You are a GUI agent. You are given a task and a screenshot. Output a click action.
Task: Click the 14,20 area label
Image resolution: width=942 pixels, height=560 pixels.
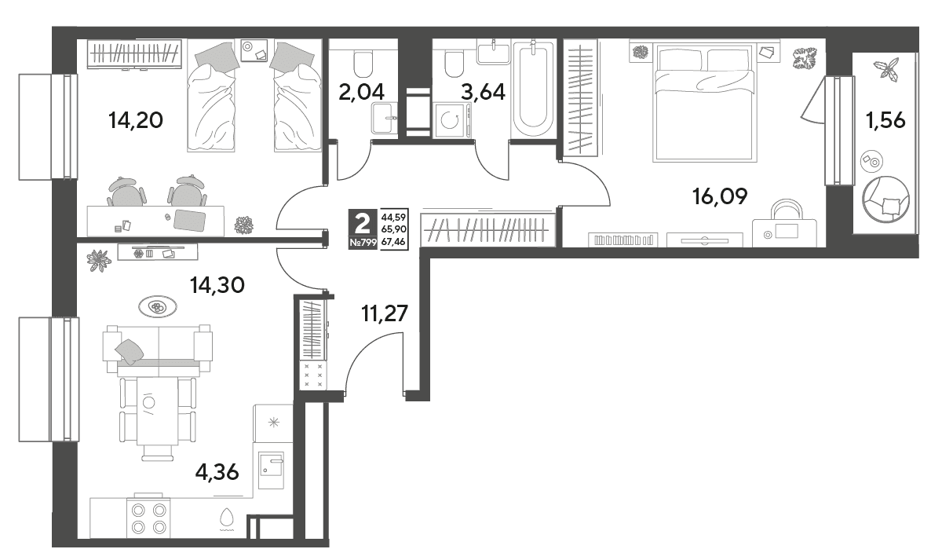coord(135,120)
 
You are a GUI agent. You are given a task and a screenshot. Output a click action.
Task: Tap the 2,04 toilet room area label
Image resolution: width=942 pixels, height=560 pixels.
coord(361,92)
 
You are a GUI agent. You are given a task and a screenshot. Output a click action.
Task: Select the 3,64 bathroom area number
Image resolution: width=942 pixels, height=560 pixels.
coord(483,92)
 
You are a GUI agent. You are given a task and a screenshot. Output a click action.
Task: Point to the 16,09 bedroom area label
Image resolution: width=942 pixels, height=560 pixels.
coord(720,196)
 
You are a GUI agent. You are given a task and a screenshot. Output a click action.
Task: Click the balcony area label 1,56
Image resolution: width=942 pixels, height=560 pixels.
coord(885,121)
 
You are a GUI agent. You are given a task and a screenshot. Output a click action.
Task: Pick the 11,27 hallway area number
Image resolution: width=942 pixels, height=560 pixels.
coord(385,313)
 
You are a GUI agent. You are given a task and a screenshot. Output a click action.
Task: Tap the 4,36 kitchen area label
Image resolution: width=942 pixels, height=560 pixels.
coord(217,472)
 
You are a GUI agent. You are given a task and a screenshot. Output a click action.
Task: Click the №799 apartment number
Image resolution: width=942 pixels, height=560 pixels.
coord(363,243)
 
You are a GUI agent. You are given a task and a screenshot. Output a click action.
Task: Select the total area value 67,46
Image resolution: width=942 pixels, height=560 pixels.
coord(393,241)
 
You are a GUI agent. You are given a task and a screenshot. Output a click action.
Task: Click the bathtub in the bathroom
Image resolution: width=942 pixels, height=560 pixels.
coord(533,87)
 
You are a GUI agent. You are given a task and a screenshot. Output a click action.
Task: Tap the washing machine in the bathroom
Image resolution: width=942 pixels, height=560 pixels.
coord(451,120)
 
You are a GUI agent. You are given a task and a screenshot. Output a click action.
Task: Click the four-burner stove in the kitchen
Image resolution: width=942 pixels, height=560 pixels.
coord(148,518)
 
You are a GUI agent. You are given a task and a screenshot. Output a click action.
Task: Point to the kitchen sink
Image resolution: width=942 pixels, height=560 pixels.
coord(271,470)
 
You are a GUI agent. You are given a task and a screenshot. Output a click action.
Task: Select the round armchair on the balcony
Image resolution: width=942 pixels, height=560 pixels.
coord(885,199)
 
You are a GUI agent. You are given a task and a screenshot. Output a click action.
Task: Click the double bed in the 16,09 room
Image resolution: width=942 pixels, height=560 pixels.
coord(704,103)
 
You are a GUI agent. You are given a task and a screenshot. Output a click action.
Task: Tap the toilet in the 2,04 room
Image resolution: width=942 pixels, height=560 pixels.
coord(363,64)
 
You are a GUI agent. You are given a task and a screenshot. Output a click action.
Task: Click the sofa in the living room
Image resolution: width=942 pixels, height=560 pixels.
coord(158,350)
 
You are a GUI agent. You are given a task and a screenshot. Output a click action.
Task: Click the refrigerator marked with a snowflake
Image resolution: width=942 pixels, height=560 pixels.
coord(273,423)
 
